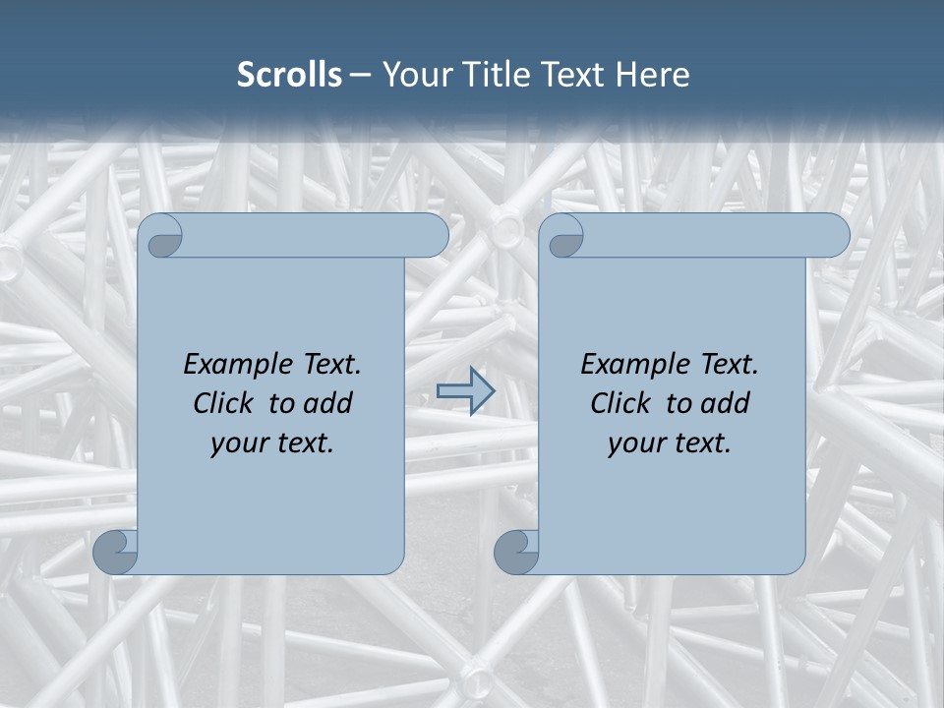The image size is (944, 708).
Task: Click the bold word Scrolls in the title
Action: coord(290,75)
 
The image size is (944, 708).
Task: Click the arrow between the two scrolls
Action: coord(465,391)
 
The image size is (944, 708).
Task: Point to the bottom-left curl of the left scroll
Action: coord(116,552)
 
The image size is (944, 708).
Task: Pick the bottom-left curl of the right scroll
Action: coord(516,552)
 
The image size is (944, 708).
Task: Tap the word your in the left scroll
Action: coord(239,443)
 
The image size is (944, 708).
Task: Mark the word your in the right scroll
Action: coord(636,443)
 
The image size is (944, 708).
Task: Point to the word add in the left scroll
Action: coord(329,403)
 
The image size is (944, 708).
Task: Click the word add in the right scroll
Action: coord(727,403)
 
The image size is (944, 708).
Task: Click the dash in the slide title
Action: coord(360,75)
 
